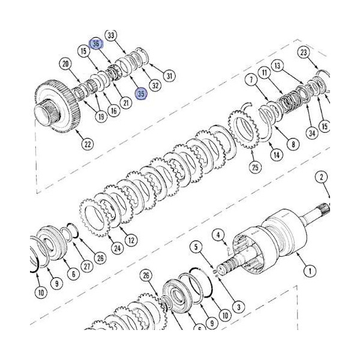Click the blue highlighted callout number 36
[96, 44]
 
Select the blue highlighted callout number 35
[142, 94]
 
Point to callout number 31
[169, 76]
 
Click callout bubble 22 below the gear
[88, 143]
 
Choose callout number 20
[66, 64]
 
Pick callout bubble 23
[304, 54]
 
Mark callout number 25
[256, 167]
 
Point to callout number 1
[310, 271]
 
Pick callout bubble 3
[238, 307]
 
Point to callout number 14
[277, 155]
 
